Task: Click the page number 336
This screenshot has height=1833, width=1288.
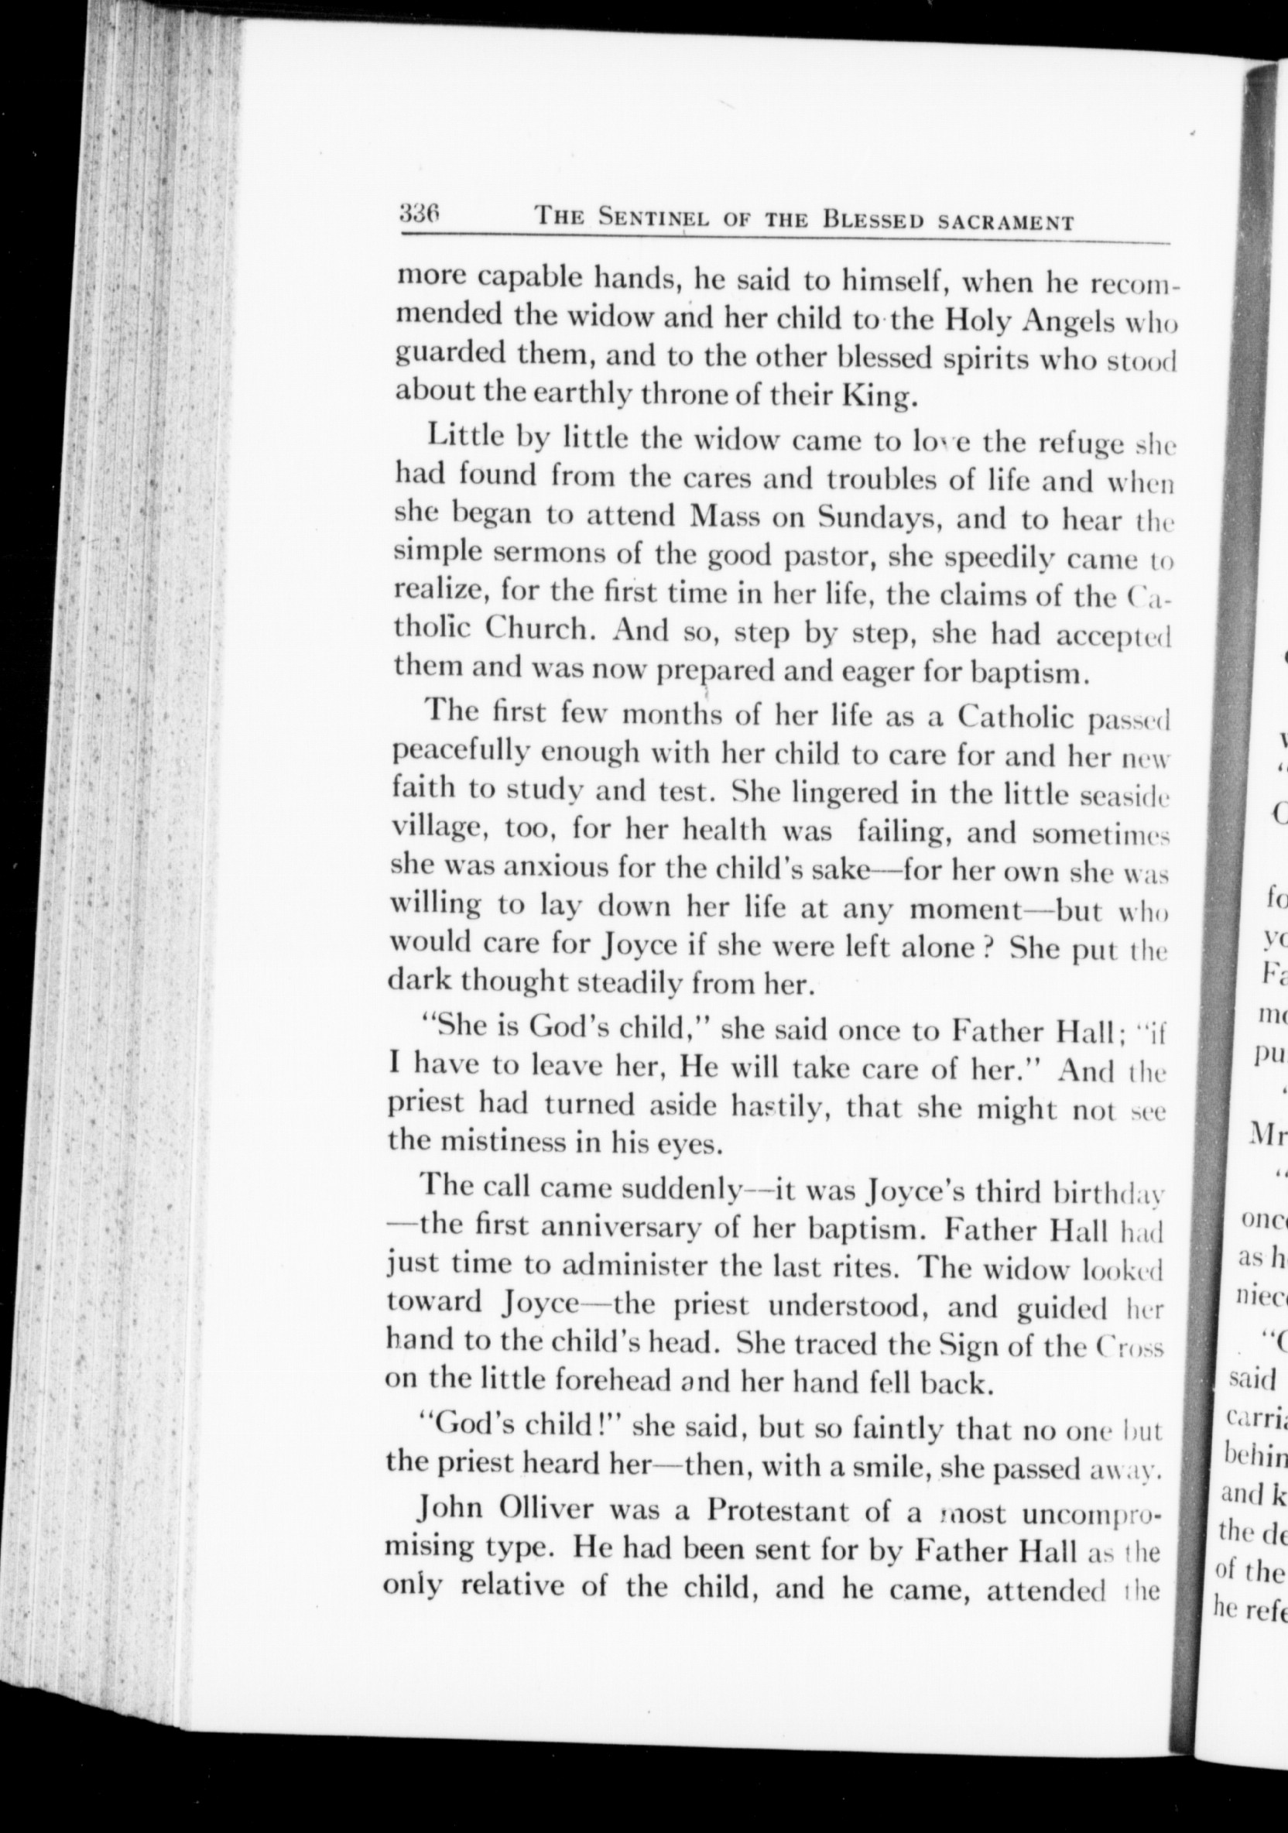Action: click(421, 214)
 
